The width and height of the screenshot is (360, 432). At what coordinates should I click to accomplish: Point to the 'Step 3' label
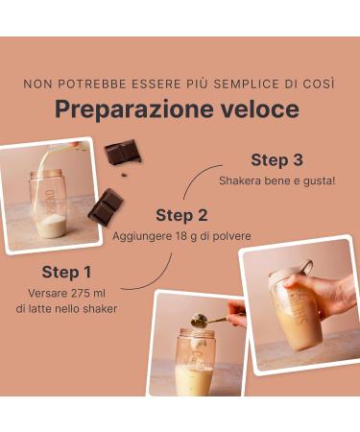pyautogui.click(x=276, y=159)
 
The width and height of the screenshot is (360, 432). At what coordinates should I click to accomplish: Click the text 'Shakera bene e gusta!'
pyautogui.click(x=276, y=180)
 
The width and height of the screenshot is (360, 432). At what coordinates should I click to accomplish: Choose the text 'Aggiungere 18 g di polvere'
pyautogui.click(x=181, y=235)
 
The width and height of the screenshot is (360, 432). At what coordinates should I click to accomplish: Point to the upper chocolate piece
pyautogui.click(x=122, y=152)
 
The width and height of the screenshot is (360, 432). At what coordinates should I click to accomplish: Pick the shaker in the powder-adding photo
pyautogui.click(x=195, y=363)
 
